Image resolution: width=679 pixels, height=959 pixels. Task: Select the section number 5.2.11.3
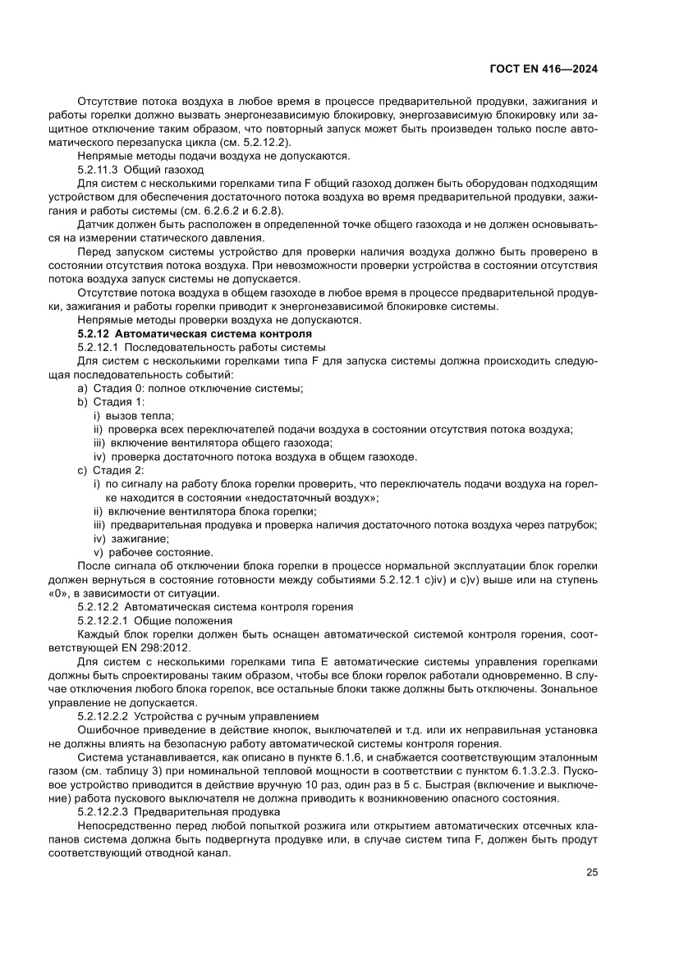[101, 168]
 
